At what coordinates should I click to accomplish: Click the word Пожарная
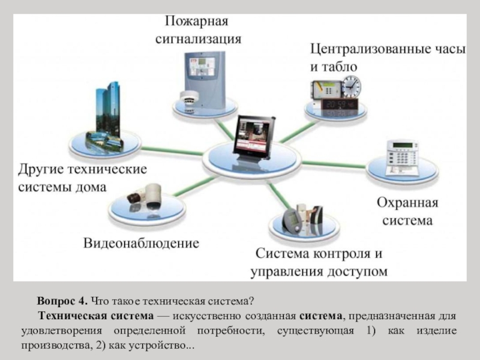click(197, 22)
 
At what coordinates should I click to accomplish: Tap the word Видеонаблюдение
click(141, 244)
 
